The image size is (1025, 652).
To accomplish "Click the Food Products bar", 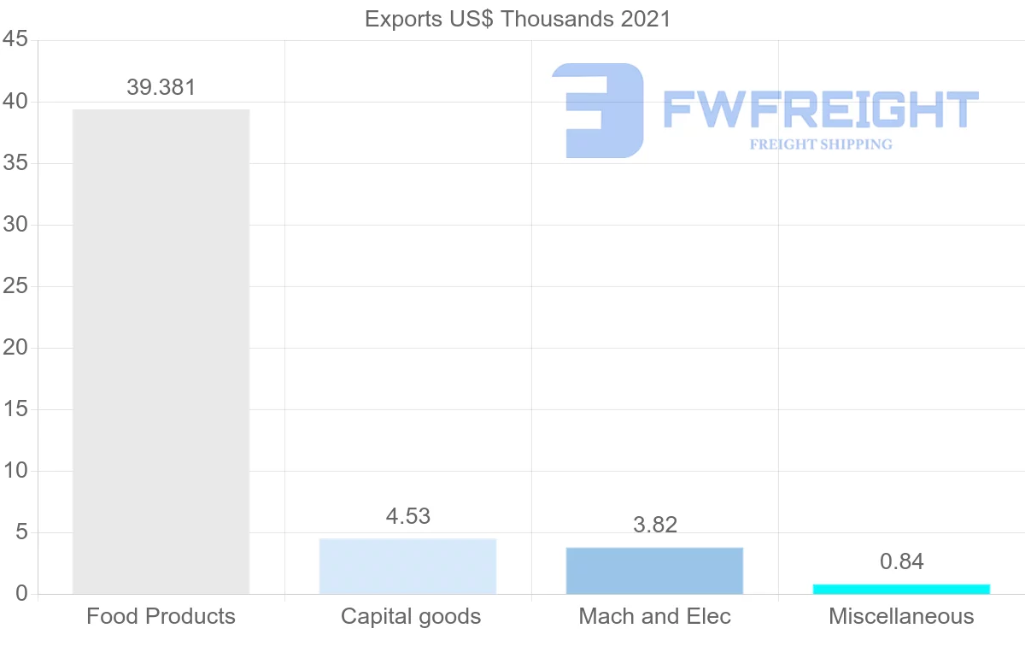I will click(161, 351).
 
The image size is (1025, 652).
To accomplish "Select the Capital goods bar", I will click(407, 566).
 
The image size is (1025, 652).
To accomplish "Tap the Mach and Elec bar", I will click(654, 570).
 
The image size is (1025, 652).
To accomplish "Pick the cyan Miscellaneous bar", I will click(901, 589).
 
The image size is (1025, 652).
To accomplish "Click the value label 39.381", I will click(161, 87).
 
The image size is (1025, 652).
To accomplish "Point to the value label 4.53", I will click(407, 516).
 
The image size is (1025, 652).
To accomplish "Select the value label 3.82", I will click(654, 525).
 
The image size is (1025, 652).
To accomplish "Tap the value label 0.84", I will click(901, 561).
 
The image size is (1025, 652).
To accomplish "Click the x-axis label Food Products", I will click(161, 616).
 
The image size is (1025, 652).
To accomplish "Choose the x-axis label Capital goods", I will click(411, 616).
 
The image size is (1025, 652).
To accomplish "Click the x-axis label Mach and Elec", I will click(654, 616).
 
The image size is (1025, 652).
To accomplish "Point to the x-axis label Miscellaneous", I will click(901, 616).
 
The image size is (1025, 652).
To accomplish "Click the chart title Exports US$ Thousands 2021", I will click(518, 19).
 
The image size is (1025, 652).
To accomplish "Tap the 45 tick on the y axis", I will click(15, 40).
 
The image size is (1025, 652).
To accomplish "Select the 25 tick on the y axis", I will click(15, 286).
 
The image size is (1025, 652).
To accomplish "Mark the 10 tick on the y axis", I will click(15, 471).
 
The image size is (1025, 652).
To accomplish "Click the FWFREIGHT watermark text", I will click(820, 109).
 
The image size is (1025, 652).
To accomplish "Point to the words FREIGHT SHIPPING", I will click(820, 144).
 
